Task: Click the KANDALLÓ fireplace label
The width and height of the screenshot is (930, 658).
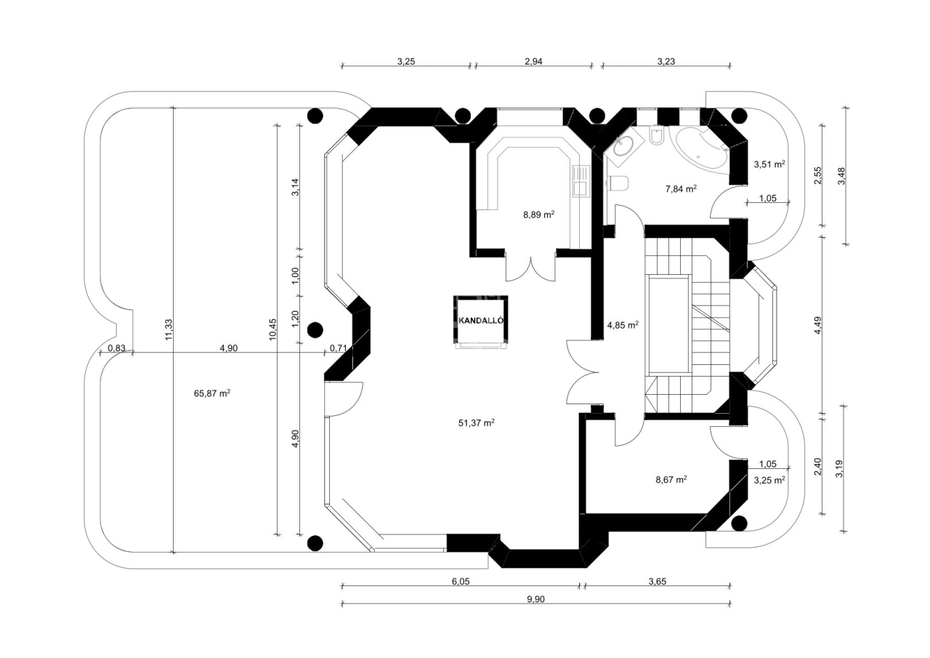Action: (x=481, y=321)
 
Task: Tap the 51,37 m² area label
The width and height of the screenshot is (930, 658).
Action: (x=476, y=423)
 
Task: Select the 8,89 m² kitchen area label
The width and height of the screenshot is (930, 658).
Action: (x=538, y=214)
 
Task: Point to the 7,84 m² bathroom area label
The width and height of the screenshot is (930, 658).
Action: (x=681, y=189)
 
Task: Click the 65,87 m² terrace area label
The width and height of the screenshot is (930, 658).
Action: (x=212, y=393)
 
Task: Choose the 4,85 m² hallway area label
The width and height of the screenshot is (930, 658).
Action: (x=623, y=325)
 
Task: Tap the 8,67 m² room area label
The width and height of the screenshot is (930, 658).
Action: (x=671, y=480)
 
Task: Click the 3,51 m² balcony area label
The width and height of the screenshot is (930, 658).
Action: (x=769, y=164)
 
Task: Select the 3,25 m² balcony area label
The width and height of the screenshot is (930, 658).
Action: (x=769, y=480)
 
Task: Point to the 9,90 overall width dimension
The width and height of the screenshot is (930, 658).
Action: (x=535, y=599)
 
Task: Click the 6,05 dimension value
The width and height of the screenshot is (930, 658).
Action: (x=461, y=582)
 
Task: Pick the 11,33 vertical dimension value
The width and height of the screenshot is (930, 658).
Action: (x=169, y=329)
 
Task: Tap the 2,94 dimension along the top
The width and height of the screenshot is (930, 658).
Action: (x=533, y=62)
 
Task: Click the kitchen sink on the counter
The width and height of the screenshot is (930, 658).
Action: (x=581, y=181)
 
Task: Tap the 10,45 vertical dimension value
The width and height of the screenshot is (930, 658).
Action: (x=272, y=329)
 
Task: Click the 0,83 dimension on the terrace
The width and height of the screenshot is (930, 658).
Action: (x=117, y=348)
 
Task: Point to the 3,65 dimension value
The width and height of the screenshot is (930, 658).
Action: (x=658, y=582)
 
